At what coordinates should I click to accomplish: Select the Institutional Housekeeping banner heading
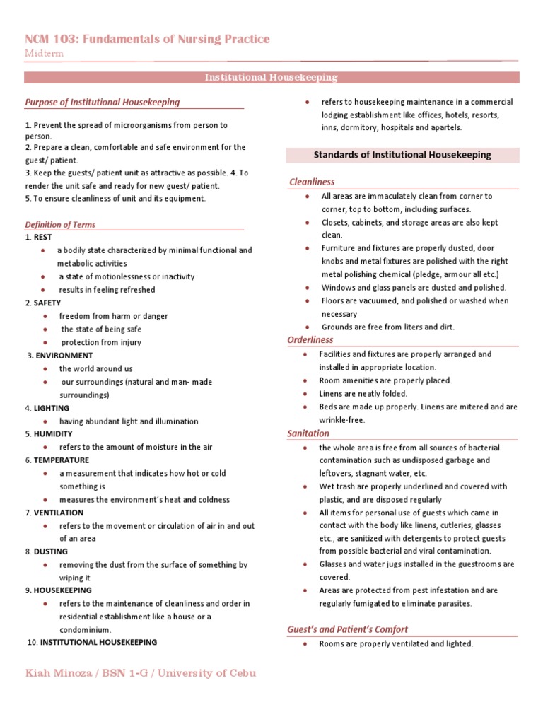coord(271,77)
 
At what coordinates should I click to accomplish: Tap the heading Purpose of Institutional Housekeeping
coord(102,102)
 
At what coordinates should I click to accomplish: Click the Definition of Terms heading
coord(60,225)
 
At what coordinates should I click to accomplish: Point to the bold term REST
coord(42,238)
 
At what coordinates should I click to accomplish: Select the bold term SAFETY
coord(47,303)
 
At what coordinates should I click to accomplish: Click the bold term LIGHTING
coord(52,408)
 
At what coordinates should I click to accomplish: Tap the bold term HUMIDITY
coord(52,434)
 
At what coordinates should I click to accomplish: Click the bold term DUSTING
coord(51,551)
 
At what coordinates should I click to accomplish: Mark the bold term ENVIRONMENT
coord(64,356)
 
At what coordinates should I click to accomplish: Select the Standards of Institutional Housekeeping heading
coord(402,155)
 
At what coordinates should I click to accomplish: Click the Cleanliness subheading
coord(312,182)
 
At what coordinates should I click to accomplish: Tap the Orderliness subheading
coord(310,340)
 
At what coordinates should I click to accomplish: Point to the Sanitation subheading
coord(308,433)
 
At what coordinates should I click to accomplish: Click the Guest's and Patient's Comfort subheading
coord(347,629)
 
